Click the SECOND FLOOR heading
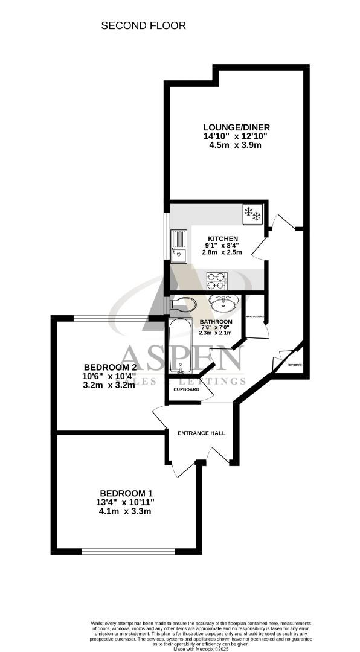click(143, 25)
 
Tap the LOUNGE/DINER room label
click(236, 127)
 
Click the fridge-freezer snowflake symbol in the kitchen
click(251, 213)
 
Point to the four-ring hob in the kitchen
click(217, 281)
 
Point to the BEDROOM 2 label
click(109, 367)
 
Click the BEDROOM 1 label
click(126, 493)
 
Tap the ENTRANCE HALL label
click(201, 433)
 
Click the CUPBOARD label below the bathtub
click(186, 390)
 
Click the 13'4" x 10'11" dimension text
click(126, 502)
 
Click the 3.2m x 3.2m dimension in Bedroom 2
click(109, 386)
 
